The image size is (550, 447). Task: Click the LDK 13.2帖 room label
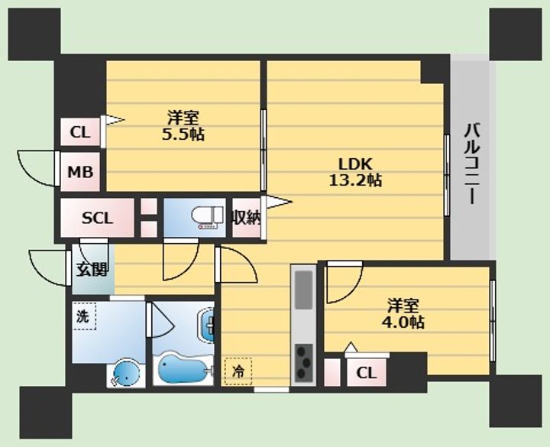355,172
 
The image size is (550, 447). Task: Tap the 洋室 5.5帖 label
183,125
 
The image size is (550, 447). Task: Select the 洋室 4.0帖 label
403,313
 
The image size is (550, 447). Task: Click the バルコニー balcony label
472,163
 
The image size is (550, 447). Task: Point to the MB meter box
80,172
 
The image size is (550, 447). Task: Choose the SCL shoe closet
97,218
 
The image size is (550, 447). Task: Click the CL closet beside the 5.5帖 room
80,132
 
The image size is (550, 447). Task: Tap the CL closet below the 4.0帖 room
367,373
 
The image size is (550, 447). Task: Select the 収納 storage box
246,218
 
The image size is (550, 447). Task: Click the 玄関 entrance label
92,270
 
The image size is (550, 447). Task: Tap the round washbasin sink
126,374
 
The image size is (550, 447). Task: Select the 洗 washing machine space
84,316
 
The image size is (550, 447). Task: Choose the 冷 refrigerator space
238,371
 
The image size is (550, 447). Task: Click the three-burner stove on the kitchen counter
304,363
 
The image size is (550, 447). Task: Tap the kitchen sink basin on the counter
304,290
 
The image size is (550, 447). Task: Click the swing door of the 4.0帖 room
344,283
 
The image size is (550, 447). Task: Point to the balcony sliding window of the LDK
447,175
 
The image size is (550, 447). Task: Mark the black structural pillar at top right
516,34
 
